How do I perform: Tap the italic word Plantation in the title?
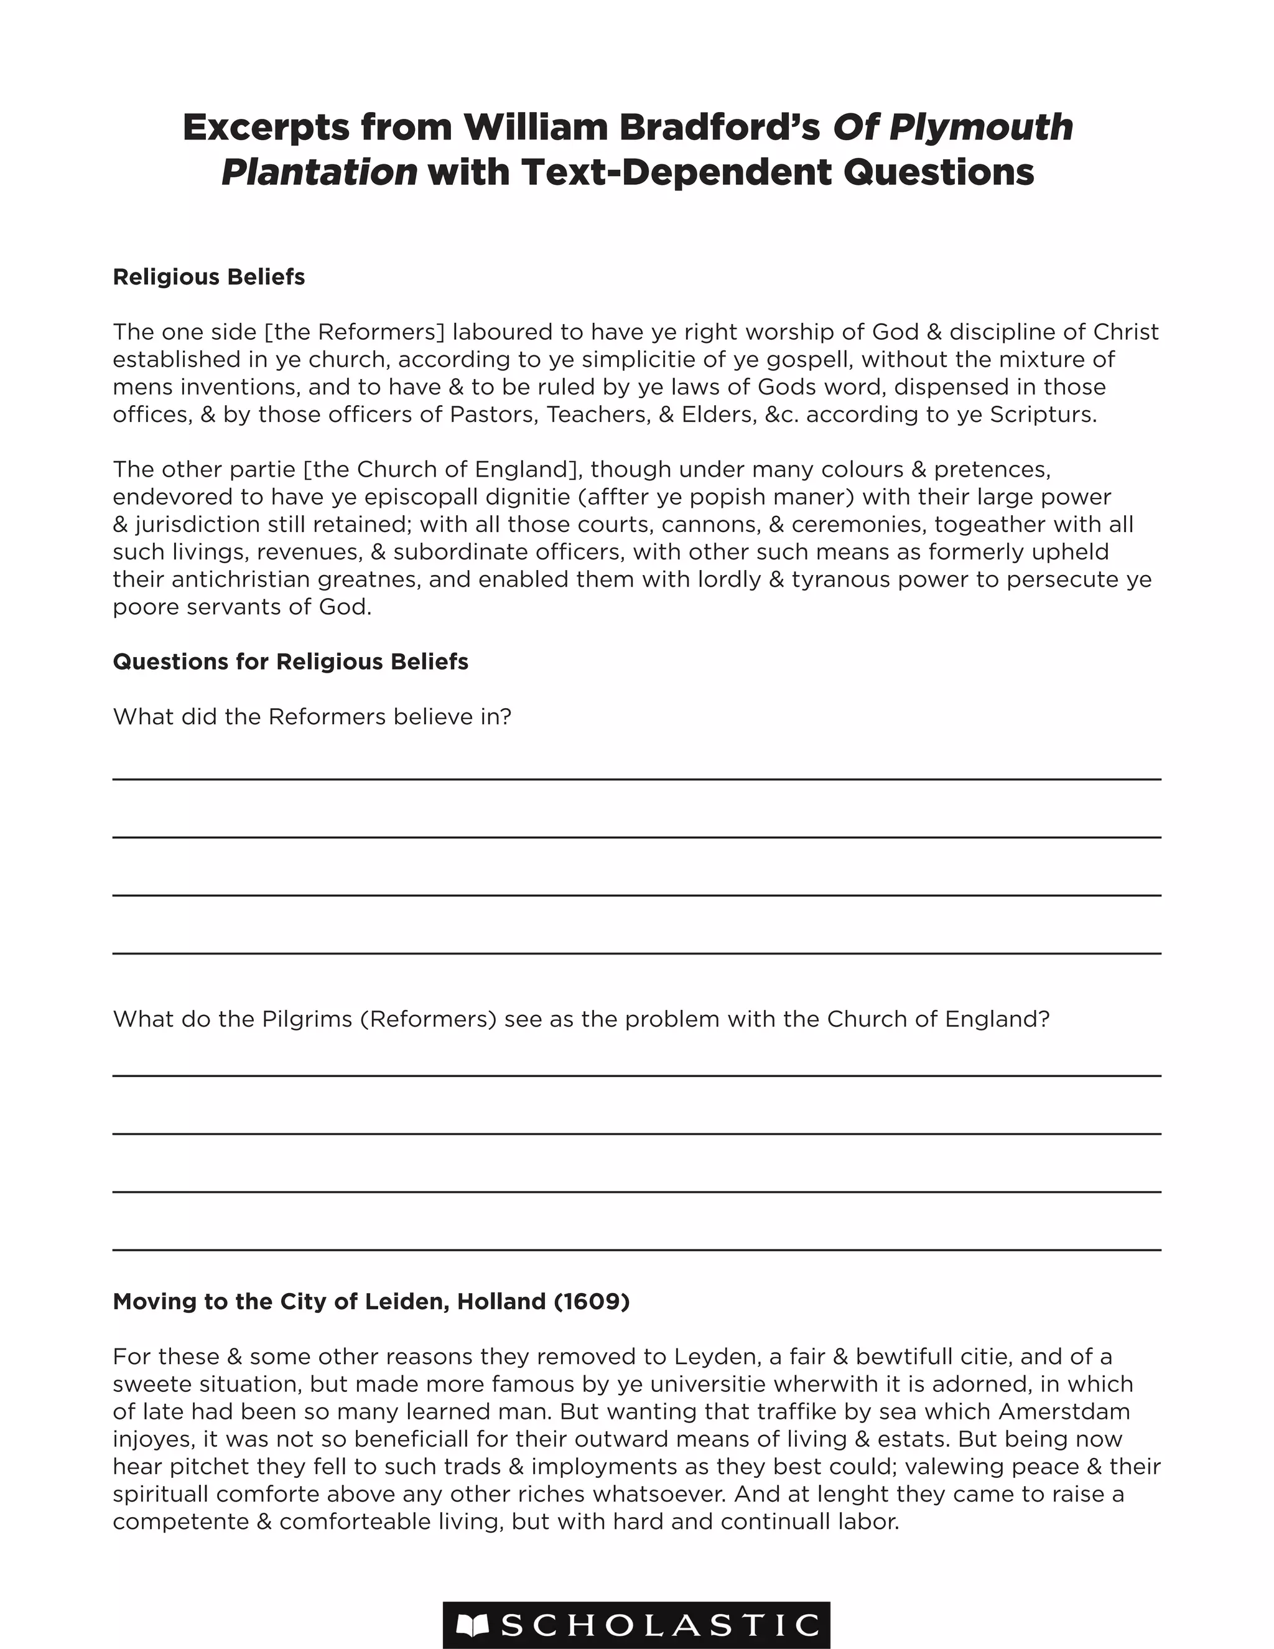[319, 172]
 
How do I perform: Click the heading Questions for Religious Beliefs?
[291, 661]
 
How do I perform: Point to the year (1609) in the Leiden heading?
[591, 1301]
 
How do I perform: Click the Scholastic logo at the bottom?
[636, 1625]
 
